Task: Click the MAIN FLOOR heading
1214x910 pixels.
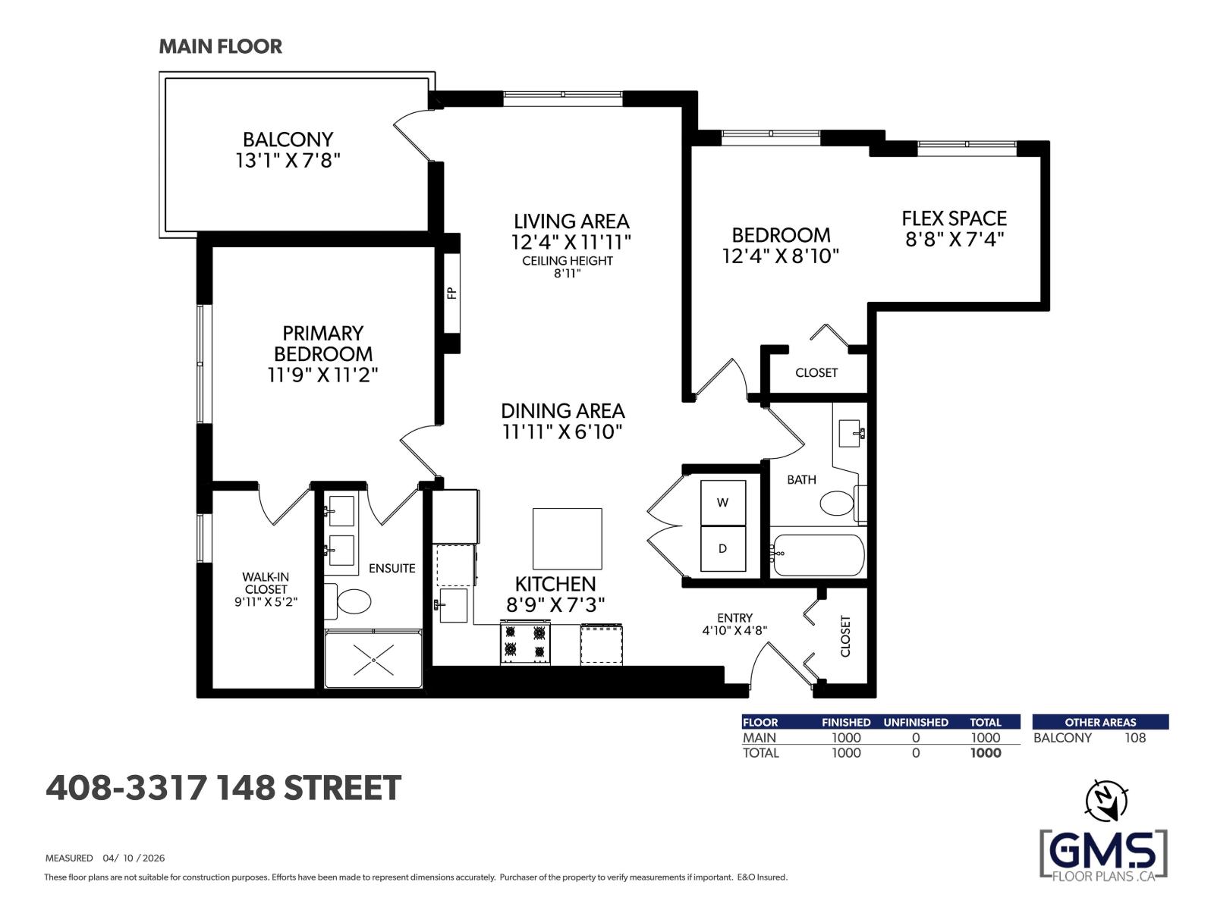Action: coord(220,46)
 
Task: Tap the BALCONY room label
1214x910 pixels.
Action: coord(288,140)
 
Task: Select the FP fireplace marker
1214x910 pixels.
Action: coord(451,293)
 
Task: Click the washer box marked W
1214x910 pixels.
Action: coord(722,502)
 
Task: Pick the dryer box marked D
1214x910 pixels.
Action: coord(722,548)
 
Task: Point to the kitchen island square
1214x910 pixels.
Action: coord(567,538)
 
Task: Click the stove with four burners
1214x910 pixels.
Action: coord(525,642)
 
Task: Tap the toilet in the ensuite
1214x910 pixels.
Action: coord(352,602)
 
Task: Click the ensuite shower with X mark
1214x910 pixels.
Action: coord(374,659)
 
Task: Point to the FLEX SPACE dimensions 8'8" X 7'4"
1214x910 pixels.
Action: coord(955,240)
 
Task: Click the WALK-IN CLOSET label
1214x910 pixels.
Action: coord(266,582)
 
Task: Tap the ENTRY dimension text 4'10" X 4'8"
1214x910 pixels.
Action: coord(734,630)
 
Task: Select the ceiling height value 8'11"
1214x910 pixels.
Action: coord(567,274)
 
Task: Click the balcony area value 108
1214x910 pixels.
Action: coord(1135,738)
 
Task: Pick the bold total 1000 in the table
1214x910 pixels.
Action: coord(986,753)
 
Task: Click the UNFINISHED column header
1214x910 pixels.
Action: coord(915,722)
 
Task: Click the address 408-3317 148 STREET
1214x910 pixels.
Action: coord(223,788)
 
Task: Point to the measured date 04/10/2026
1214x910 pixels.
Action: coord(133,858)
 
